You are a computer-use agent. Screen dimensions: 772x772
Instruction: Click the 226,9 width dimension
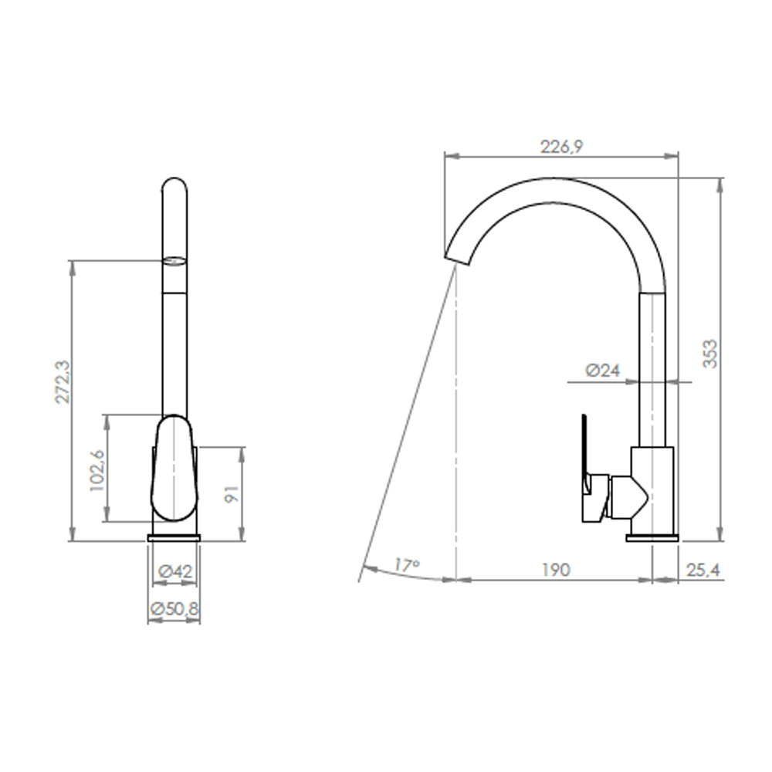[x=560, y=147]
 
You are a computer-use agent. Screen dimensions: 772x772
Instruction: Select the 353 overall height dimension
[x=709, y=353]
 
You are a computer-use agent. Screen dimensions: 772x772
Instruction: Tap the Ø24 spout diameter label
[x=602, y=371]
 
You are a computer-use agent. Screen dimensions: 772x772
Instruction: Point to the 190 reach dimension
[x=555, y=570]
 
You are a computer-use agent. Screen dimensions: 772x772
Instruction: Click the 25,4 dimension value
[x=703, y=570]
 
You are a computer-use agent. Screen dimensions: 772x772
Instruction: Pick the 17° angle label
[x=407, y=564]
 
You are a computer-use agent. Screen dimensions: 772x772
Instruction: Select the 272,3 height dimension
[x=62, y=380]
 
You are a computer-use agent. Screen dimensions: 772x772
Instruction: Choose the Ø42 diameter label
[x=174, y=572]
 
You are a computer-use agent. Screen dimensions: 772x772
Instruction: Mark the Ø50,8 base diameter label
[x=174, y=609]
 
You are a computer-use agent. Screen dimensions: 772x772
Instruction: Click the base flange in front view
[x=174, y=537]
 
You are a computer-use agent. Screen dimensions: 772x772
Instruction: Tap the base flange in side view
[x=652, y=537]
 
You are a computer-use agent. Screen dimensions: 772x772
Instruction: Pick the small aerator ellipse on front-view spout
[x=174, y=261]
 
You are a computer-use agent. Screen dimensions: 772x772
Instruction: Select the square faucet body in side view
[x=652, y=486]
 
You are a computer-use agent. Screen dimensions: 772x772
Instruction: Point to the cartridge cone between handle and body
[x=625, y=497]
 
